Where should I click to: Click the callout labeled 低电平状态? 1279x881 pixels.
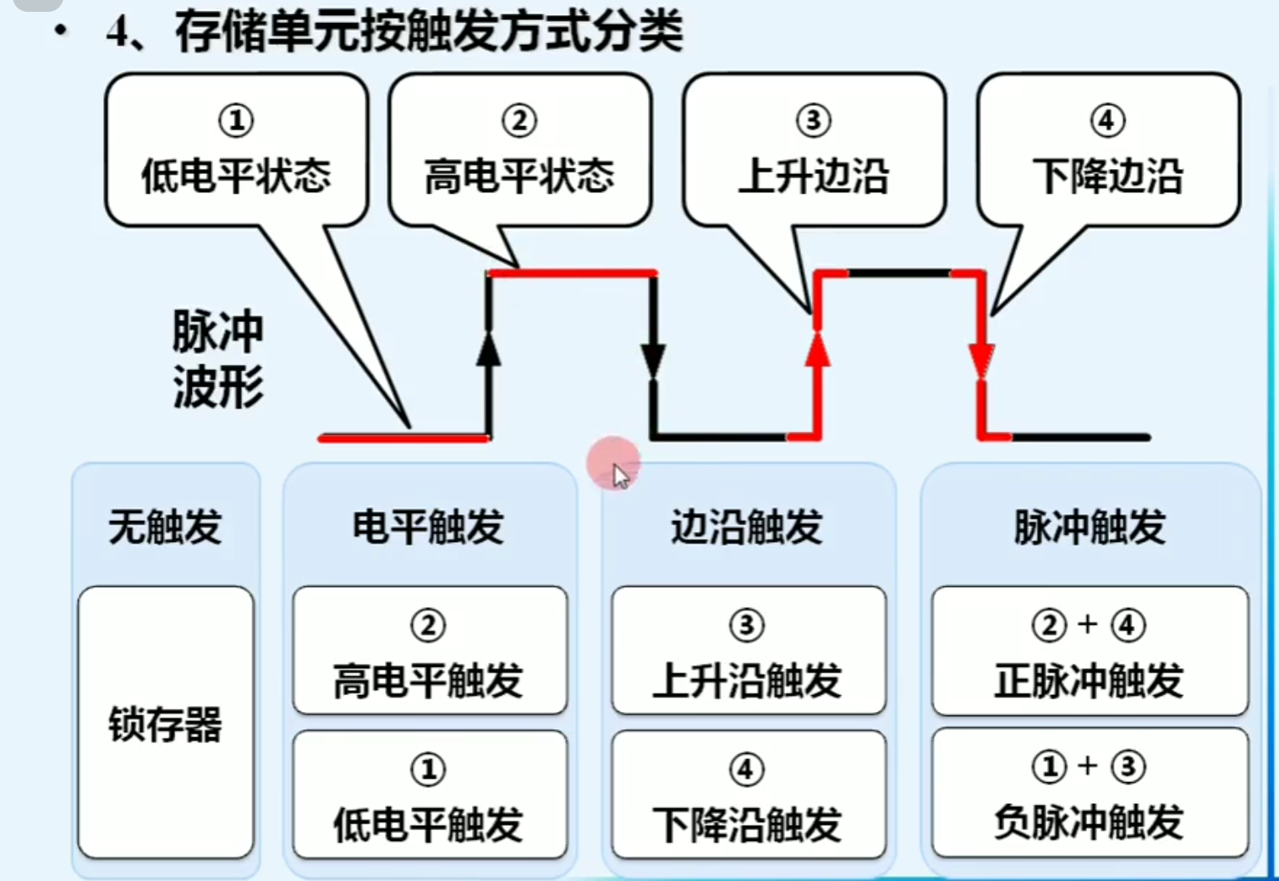click(x=236, y=175)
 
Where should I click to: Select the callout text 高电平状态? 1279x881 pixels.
click(x=519, y=175)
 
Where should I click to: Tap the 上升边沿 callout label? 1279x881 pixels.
click(x=813, y=175)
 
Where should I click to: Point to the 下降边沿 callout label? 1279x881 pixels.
click(x=1107, y=175)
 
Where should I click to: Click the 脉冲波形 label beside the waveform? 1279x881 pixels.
click(x=217, y=358)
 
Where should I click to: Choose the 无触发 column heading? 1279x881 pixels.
click(x=165, y=527)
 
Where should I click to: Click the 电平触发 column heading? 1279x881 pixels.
click(x=428, y=527)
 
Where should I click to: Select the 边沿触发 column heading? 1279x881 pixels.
click(x=746, y=527)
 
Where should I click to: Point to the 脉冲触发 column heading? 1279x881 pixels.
click(x=1090, y=527)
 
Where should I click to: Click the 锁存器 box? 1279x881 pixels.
click(x=165, y=724)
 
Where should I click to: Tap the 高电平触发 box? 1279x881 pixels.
click(x=429, y=651)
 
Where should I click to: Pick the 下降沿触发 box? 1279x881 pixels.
click(x=748, y=795)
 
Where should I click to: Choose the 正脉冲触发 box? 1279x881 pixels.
click(x=1090, y=651)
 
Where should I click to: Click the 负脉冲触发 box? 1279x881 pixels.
click(x=1090, y=793)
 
